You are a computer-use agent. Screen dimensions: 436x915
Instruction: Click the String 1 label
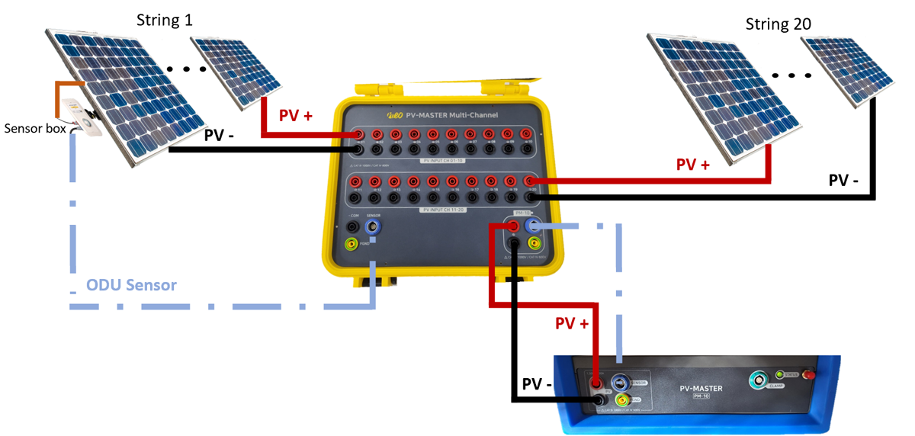pyautogui.click(x=164, y=20)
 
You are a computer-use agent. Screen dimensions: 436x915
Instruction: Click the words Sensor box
pyautogui.click(x=35, y=127)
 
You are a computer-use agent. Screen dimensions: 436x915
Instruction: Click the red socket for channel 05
pyautogui.click(x=434, y=135)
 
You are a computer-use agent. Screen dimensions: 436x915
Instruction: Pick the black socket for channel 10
pyautogui.click(x=526, y=150)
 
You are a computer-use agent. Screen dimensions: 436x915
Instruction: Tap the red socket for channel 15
pyautogui.click(x=433, y=181)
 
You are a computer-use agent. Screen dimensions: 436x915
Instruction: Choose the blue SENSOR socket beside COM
pyautogui.click(x=374, y=226)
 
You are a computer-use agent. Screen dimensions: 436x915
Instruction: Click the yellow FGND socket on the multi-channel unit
pyautogui.click(x=352, y=244)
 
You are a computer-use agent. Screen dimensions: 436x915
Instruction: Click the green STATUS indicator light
pyautogui.click(x=779, y=374)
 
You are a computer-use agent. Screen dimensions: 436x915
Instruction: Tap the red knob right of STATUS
pyautogui.click(x=811, y=373)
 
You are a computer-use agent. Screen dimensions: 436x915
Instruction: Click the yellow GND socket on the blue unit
pyautogui.click(x=622, y=400)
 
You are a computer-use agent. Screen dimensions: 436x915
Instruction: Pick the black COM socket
pyautogui.click(x=352, y=226)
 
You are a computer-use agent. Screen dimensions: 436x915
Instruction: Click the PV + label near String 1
pyautogui.click(x=295, y=116)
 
